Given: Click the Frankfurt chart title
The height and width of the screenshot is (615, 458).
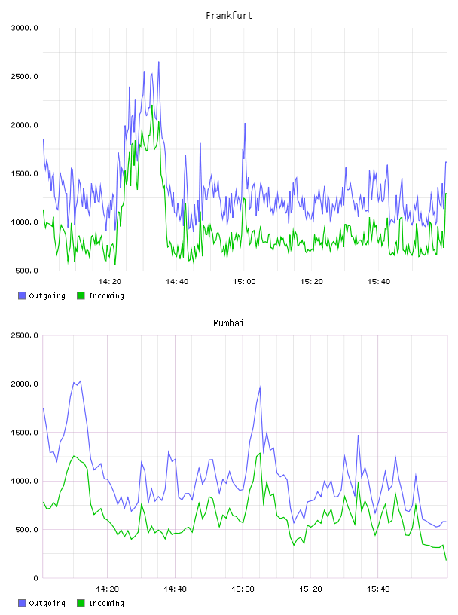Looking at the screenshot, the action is (x=229, y=16).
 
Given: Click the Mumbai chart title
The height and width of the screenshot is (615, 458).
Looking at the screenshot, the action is (x=228, y=323).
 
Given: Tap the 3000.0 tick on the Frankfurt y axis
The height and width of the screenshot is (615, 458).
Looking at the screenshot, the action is (x=24, y=28).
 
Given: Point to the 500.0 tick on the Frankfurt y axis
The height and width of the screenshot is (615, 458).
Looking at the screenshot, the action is (x=26, y=271).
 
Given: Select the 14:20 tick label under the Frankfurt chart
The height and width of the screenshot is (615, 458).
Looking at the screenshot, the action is (x=109, y=282).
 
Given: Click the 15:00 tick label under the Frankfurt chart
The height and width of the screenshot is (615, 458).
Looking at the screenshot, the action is (x=244, y=282).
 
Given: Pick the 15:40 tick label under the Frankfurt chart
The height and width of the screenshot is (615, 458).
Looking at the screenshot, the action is (x=378, y=282).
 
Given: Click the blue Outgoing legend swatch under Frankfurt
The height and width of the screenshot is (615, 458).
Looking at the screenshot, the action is (x=22, y=295).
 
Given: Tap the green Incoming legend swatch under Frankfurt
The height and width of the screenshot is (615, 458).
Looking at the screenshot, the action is (x=81, y=295).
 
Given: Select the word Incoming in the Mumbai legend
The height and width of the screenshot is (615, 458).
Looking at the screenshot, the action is (x=106, y=603).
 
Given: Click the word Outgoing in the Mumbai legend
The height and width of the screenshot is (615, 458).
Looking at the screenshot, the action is (x=47, y=603).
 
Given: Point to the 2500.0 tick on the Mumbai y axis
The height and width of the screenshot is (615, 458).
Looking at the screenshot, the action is (x=24, y=335).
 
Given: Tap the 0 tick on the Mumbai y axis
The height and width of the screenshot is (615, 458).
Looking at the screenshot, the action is (x=35, y=578).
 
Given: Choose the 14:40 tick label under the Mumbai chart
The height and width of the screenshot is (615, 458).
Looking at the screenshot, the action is (x=175, y=589).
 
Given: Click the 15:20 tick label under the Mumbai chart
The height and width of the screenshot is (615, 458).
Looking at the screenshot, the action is (x=310, y=589).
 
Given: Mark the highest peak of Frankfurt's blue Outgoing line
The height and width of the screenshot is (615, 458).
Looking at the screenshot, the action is (x=159, y=62).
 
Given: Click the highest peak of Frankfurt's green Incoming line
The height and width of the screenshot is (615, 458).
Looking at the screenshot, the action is (x=151, y=105).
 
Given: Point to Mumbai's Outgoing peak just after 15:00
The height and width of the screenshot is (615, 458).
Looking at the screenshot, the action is (x=260, y=387).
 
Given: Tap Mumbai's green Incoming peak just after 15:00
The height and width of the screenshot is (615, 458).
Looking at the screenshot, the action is (x=260, y=454).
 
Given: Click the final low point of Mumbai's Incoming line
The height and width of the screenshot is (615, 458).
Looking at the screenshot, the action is (x=446, y=560).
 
